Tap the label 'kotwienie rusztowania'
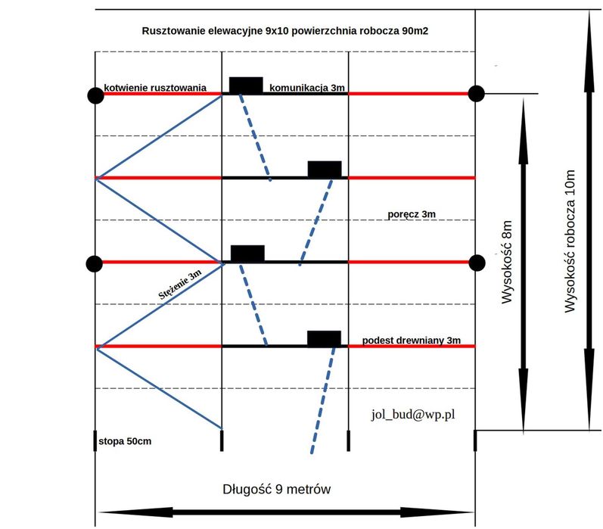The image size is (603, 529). pos(155,88)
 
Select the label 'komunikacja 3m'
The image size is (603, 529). pos(307,88)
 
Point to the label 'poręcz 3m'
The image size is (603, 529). pos(411,215)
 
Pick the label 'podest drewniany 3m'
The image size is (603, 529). pos(412,341)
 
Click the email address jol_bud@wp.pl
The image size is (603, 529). pos(412,414)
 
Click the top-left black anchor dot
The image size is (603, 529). pos(95,95)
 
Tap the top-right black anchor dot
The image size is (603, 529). pos(476,94)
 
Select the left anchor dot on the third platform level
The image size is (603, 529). pos(95,263)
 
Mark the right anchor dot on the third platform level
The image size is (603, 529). pos(476,263)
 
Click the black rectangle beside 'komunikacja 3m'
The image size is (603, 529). pos(246,85)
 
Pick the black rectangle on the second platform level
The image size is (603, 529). pos(325,169)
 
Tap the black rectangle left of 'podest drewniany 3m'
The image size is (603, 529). pos(324,338)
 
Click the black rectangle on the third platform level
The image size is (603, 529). pos(247,254)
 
